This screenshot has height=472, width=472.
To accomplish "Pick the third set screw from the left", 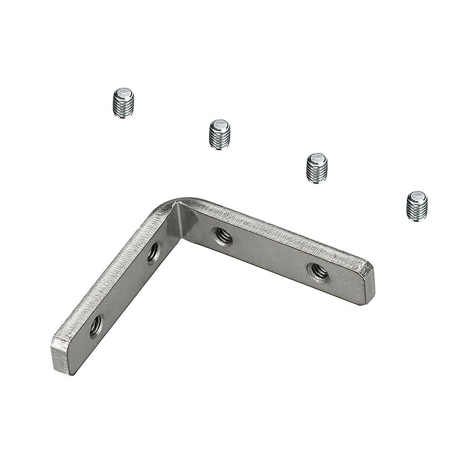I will pos(317,168).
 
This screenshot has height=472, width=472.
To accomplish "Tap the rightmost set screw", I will pos(417,206).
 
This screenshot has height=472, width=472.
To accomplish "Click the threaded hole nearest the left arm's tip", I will pos(96,325).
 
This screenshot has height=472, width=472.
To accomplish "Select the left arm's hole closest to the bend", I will pos(153,253).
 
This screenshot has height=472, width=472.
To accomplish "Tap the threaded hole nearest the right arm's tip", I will pos(318,272).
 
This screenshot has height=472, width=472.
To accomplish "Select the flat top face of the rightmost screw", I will pos(417,195).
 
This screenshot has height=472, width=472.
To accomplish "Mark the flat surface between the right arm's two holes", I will pos(269,257).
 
